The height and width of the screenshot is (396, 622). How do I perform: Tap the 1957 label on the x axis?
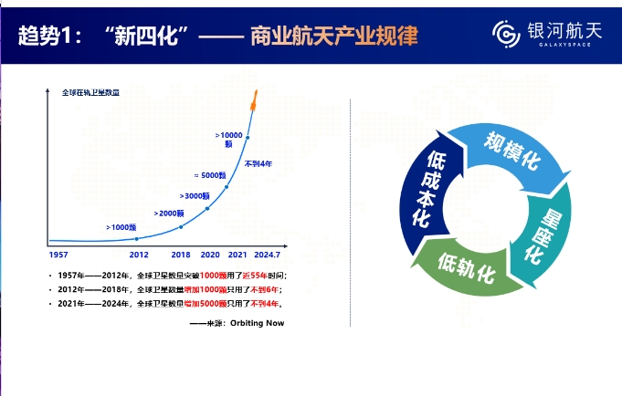59,255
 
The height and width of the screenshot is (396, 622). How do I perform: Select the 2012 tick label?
139,255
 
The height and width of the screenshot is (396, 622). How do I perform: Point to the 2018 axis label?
181,255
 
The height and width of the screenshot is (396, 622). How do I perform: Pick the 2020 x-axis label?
210,255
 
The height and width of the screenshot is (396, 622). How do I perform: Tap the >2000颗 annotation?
170,213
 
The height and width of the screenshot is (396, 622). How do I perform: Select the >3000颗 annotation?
195,195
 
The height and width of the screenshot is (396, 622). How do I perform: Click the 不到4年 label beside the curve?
258,163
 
